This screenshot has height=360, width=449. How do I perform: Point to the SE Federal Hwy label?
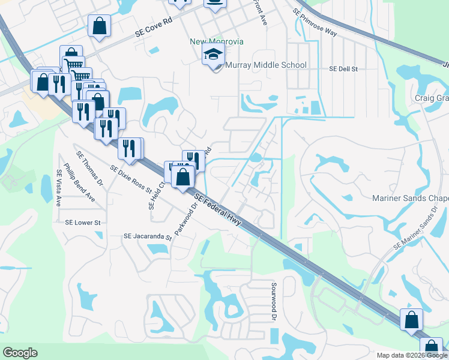point(217,209)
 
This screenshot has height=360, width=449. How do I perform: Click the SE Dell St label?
point(343,69)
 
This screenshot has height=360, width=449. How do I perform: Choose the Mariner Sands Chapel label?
point(411,199)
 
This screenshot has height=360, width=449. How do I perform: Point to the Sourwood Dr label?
point(274,301)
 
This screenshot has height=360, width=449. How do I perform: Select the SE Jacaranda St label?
point(148,236)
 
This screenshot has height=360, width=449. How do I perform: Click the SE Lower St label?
point(83,222)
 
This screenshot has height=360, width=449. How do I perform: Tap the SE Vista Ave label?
point(59,188)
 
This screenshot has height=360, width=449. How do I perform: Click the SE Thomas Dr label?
point(90,170)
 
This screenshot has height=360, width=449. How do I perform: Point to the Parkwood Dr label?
point(185,219)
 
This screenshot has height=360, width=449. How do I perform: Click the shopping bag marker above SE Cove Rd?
point(99,26)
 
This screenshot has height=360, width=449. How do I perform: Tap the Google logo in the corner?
point(20,353)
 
